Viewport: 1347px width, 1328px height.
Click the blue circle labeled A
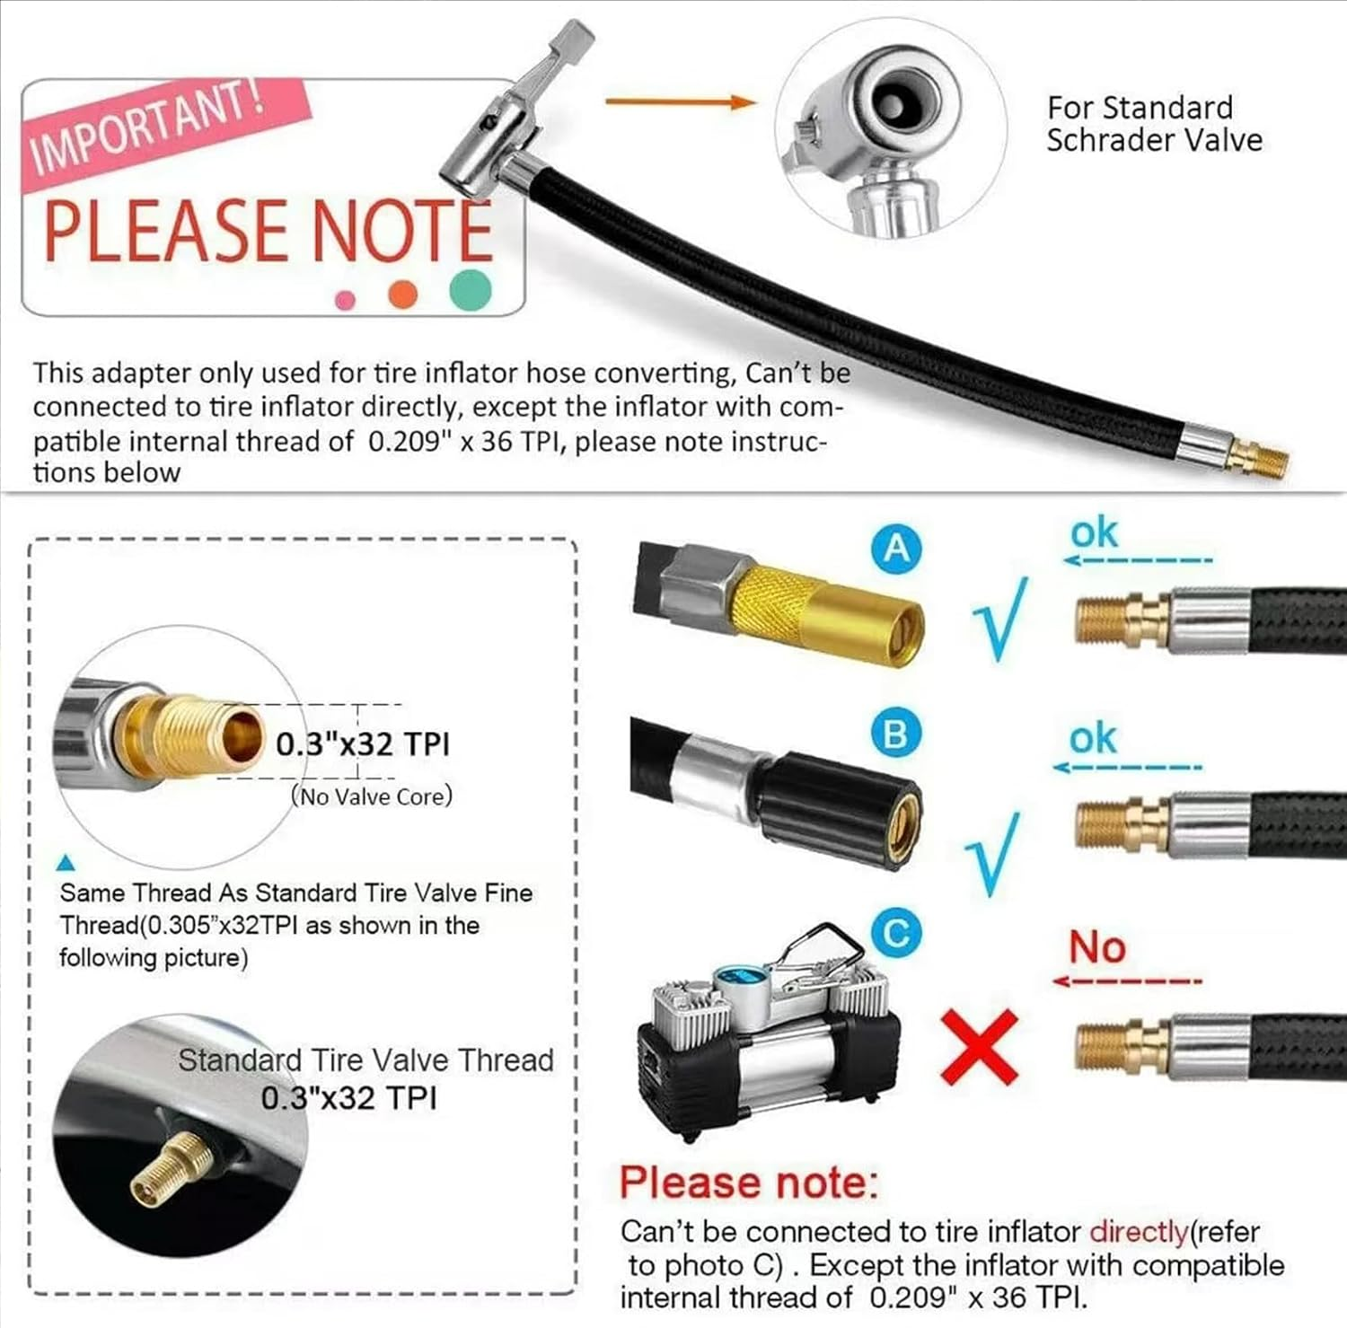896,548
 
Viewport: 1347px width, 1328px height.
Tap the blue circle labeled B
896,734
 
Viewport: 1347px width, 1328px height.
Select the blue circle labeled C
896,933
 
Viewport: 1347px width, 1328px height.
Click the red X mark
979,1045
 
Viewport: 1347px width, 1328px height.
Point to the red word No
1096,947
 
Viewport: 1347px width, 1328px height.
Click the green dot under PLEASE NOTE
471,289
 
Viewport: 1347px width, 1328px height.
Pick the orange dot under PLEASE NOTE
402,294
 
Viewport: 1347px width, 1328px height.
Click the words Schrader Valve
1154,141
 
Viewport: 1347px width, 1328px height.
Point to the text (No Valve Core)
372,796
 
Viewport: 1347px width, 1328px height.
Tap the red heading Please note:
748,1183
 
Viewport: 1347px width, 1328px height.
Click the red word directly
1139,1232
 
